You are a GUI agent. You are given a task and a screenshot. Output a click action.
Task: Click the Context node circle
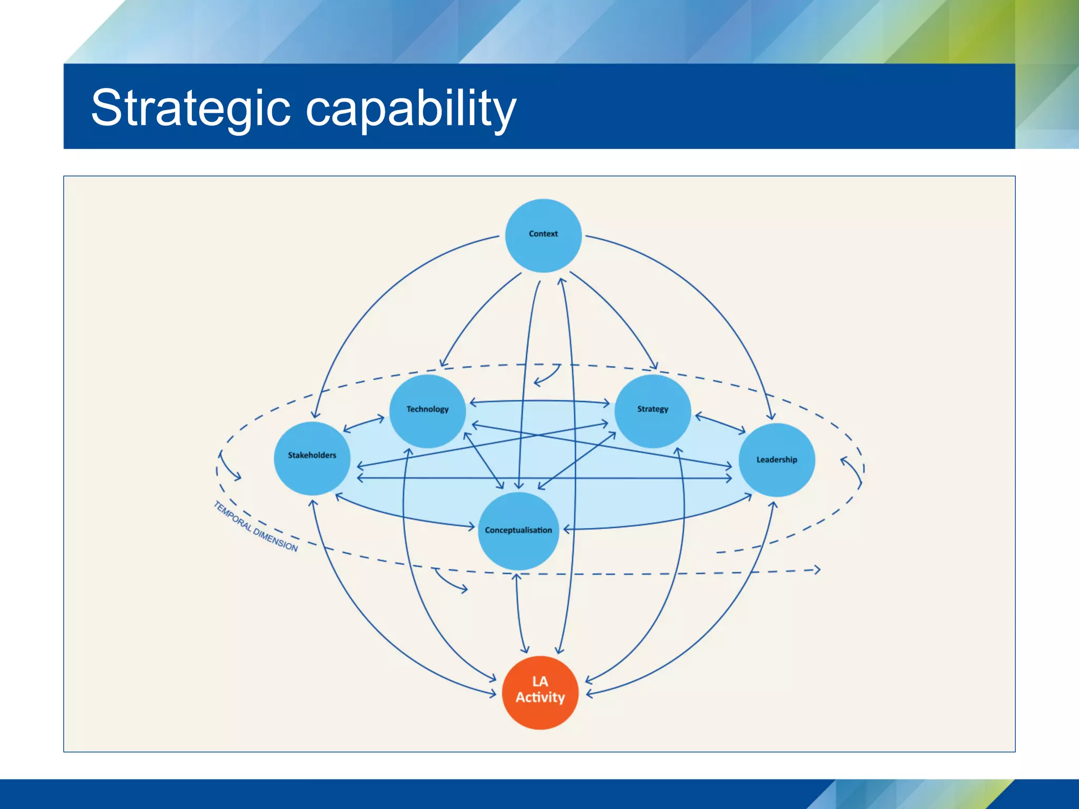(x=543, y=235)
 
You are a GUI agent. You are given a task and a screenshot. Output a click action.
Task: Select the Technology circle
(x=427, y=411)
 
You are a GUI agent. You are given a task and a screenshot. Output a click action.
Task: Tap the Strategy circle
(x=653, y=411)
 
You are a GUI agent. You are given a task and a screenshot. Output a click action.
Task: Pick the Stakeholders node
(x=312, y=458)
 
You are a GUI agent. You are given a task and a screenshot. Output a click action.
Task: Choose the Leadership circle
(x=777, y=460)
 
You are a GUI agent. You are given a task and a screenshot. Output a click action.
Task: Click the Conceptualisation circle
(x=518, y=531)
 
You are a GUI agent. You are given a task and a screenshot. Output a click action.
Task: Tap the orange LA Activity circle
(x=540, y=692)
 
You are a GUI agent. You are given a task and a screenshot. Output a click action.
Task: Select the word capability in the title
(x=411, y=109)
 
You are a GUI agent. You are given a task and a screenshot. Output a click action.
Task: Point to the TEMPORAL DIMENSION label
(x=256, y=526)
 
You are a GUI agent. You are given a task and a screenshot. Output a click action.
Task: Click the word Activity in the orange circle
(x=540, y=698)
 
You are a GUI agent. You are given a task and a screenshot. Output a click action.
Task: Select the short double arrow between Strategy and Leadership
(x=720, y=424)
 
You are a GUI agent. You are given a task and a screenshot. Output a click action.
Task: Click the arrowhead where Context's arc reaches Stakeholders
(x=316, y=415)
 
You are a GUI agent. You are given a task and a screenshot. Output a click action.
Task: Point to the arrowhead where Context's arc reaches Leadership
(x=771, y=416)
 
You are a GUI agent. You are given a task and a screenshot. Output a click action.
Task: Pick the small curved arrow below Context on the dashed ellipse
(x=547, y=376)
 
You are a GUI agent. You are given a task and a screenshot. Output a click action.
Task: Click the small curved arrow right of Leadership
(x=852, y=470)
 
